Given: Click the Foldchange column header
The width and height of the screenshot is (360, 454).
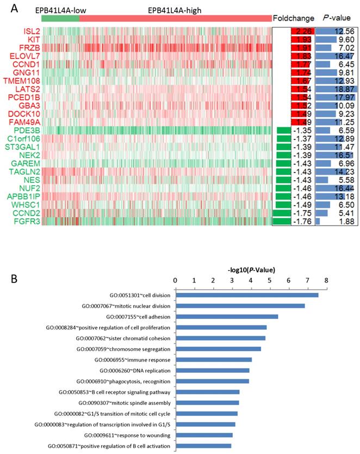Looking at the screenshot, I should point(293,18).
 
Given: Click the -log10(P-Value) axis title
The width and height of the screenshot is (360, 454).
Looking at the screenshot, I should point(251,268).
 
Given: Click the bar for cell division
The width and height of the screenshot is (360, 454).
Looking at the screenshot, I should point(247,295).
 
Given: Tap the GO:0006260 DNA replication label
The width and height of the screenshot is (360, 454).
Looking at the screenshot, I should point(127,370).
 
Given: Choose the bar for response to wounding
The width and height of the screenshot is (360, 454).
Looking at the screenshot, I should point(204,435).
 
